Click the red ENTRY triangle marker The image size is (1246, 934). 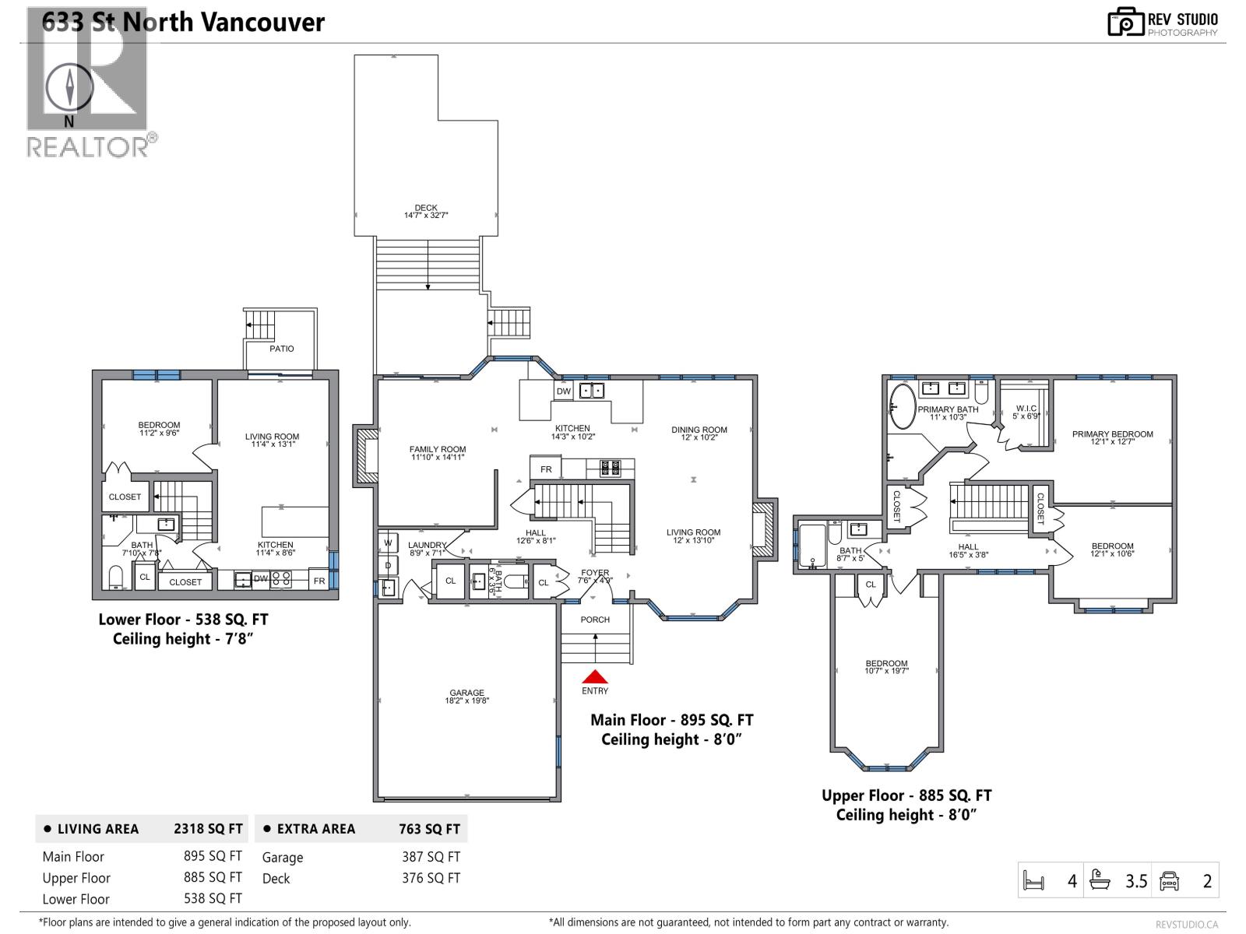[595, 677]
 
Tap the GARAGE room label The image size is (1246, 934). [467, 697]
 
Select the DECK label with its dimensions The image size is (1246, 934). [426, 212]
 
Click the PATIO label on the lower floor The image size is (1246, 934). [282, 349]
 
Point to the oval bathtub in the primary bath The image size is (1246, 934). [903, 406]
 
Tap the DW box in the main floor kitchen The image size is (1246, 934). [564, 392]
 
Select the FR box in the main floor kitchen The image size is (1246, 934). [546, 469]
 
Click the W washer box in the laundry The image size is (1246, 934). [388, 542]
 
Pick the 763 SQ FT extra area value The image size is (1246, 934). [429, 830]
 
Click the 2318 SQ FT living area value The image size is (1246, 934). [208, 830]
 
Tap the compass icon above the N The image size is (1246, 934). [70, 87]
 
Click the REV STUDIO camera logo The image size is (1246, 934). [1125, 22]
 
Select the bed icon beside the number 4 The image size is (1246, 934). [1033, 882]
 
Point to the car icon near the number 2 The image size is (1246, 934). [1170, 881]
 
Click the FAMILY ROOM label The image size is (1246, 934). [438, 453]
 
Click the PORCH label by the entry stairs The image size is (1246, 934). [595, 620]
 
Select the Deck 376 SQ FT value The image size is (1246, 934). [431, 878]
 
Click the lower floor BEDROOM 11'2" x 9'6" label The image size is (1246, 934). [159, 429]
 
